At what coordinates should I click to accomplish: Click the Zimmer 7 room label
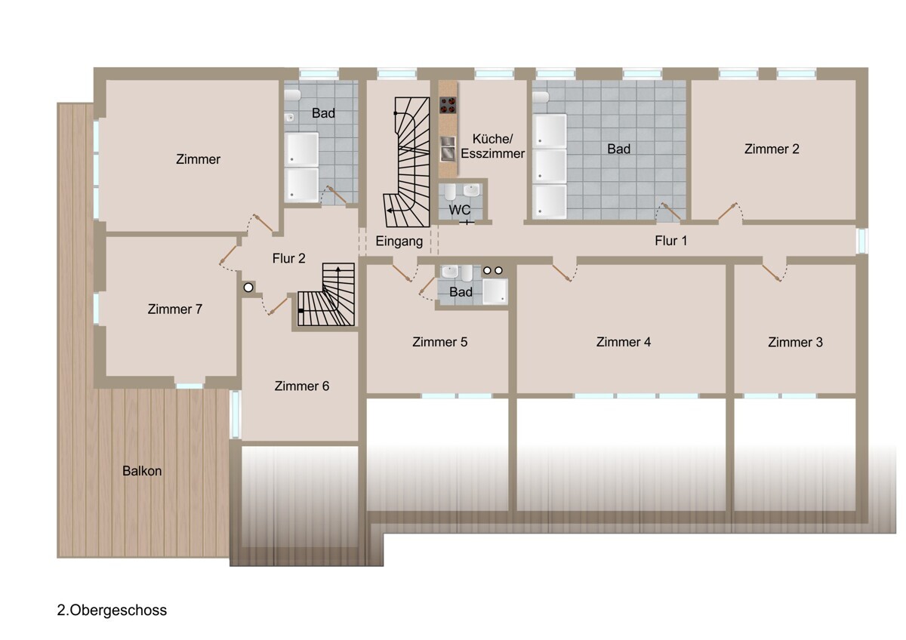click(x=174, y=309)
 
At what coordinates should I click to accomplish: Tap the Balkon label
click(x=142, y=471)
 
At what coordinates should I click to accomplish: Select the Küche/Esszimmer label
click(x=492, y=146)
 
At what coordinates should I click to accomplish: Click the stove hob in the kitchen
click(x=448, y=105)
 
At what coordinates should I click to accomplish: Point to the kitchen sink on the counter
click(x=447, y=149)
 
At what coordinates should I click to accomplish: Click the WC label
click(x=460, y=210)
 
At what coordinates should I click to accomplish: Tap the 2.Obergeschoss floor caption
click(x=112, y=611)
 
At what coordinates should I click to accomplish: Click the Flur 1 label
click(x=671, y=241)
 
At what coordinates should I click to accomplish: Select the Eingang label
click(x=399, y=242)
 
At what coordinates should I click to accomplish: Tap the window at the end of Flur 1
click(x=862, y=241)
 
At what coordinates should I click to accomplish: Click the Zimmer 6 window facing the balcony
click(x=236, y=414)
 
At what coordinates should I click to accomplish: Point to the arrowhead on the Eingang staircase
click(x=389, y=211)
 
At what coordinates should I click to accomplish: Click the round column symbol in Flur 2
click(x=248, y=288)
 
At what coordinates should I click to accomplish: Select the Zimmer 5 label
click(x=439, y=342)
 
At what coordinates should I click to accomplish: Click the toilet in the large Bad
click(x=541, y=97)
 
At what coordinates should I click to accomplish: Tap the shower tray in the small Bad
click(x=495, y=291)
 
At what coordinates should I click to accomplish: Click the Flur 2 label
click(x=288, y=258)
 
